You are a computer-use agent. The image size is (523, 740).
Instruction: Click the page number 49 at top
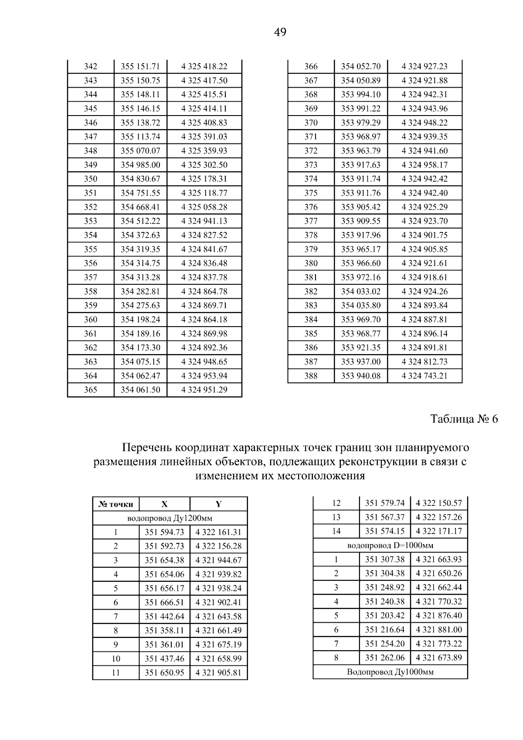click(x=280, y=32)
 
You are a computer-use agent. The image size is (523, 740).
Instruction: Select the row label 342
click(x=91, y=66)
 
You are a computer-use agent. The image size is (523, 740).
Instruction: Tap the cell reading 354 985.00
click(x=140, y=165)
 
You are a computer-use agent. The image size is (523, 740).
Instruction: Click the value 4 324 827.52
click(x=204, y=235)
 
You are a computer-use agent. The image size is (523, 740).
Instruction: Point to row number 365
click(x=91, y=390)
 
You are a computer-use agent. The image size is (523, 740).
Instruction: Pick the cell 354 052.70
click(x=360, y=66)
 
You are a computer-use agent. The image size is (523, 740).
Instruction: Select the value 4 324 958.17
click(x=425, y=165)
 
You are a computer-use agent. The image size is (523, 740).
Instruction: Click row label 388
click(x=311, y=375)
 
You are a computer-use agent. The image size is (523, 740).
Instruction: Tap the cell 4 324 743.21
click(x=425, y=375)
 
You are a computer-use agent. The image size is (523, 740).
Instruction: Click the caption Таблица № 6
click(x=464, y=419)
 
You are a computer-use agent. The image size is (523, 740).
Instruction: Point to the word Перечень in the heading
click(x=146, y=448)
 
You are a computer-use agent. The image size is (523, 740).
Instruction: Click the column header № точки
click(x=116, y=504)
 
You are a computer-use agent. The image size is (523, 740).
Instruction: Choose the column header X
click(x=164, y=504)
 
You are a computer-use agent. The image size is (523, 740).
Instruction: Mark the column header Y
click(x=218, y=504)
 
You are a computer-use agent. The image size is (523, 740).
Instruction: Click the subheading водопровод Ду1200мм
click(x=170, y=518)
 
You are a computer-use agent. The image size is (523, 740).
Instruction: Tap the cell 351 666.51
click(x=164, y=602)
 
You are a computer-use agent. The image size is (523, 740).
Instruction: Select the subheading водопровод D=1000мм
click(x=390, y=546)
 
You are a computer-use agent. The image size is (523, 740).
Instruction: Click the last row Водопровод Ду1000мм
click(x=390, y=672)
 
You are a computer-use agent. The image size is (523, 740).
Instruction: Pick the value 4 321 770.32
click(x=439, y=602)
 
